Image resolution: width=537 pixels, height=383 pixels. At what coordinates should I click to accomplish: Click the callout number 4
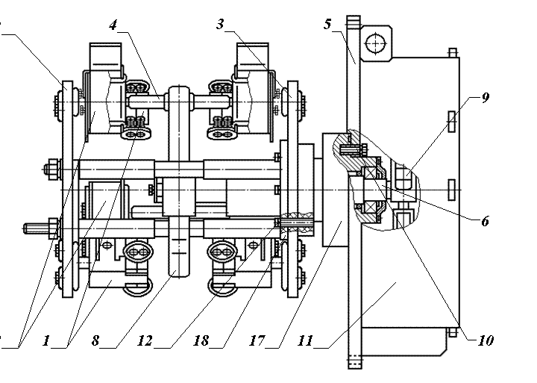click(113, 25)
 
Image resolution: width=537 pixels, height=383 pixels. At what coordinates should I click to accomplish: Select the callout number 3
click(221, 25)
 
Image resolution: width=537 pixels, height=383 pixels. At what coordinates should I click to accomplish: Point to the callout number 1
click(46, 341)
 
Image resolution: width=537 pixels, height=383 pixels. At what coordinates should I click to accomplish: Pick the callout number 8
click(95, 341)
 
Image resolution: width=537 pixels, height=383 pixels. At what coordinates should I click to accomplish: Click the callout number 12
click(146, 341)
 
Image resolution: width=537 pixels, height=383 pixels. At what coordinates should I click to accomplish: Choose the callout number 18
click(201, 341)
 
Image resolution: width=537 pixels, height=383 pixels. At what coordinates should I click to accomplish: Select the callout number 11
click(304, 341)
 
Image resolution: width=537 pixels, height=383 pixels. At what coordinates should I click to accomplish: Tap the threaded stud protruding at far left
click(34, 225)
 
